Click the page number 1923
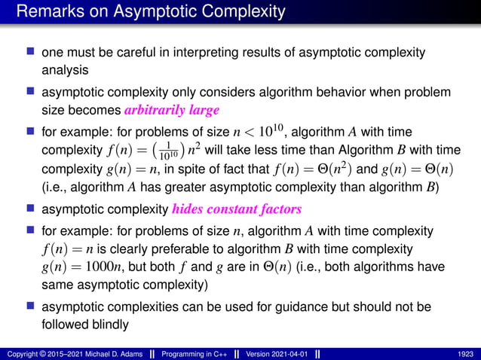464,353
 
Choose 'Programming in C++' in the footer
184,353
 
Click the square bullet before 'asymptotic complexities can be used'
31,307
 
